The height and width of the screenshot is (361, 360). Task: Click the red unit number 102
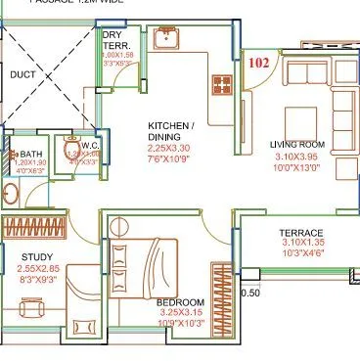pyautogui.click(x=259, y=63)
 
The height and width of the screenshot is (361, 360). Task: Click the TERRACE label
pyautogui.click(x=301, y=233)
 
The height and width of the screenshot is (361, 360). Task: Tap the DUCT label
pyautogui.click(x=22, y=74)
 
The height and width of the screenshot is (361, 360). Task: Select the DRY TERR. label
pyautogui.click(x=118, y=40)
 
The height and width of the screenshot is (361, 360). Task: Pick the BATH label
pyautogui.click(x=30, y=155)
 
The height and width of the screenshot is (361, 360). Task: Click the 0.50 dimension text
pyautogui.click(x=250, y=293)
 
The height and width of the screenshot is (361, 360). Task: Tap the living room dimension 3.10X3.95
pyautogui.click(x=295, y=158)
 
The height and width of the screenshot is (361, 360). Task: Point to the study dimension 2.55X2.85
pyautogui.click(x=38, y=269)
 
